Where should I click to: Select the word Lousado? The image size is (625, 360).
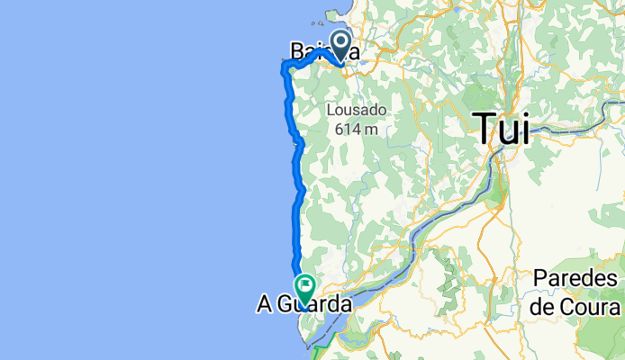[x=357, y=111]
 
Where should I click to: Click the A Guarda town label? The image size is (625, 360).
[x=303, y=306]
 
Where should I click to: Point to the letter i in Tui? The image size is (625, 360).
[x=526, y=129]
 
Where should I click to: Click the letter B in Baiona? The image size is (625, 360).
[x=298, y=52]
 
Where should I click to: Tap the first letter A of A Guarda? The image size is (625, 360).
[x=265, y=306]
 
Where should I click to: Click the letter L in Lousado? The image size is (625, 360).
[x=331, y=111]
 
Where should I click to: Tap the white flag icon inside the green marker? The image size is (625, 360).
[x=304, y=287]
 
